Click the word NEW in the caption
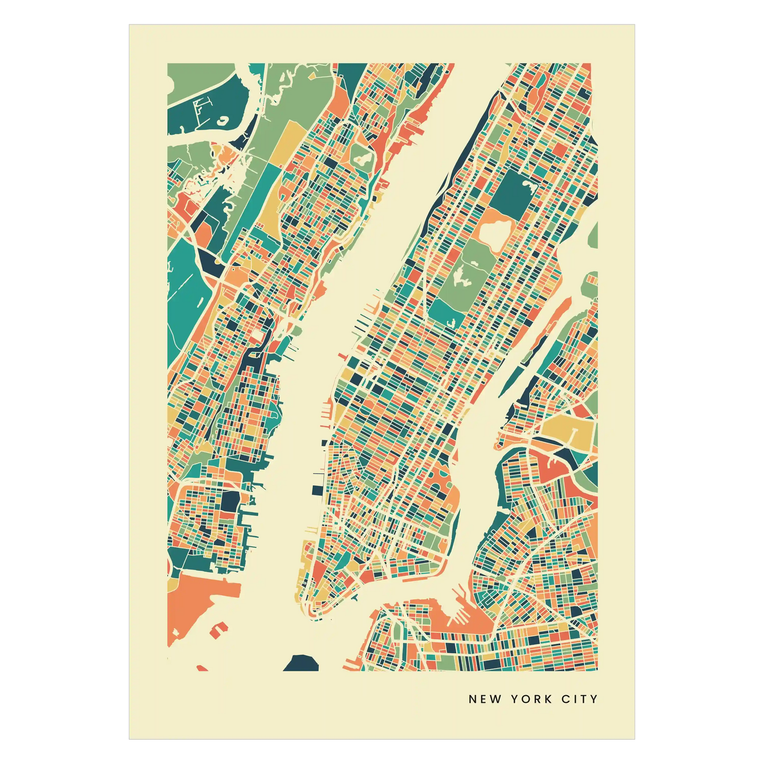(x=485, y=699)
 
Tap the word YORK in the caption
(x=531, y=699)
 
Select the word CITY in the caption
(x=579, y=699)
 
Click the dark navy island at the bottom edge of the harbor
(x=301, y=663)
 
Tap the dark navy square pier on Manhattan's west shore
(x=317, y=490)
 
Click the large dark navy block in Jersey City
(x=231, y=500)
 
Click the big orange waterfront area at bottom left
(x=196, y=603)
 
